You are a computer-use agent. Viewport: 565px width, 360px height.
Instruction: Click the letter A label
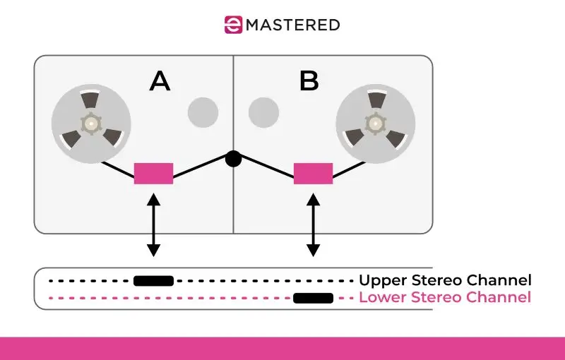point(160,82)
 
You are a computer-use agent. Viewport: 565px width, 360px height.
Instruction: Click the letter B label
point(309,82)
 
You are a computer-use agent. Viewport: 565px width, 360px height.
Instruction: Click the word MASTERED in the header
point(292,25)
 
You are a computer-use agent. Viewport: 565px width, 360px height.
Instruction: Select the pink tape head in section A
point(153,173)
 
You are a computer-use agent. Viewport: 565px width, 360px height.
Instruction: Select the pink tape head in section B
point(313,173)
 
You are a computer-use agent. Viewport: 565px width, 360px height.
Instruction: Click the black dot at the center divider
point(233,159)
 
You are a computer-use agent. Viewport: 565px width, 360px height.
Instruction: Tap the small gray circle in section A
point(203,112)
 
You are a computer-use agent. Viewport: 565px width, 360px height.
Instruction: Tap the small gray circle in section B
point(263,112)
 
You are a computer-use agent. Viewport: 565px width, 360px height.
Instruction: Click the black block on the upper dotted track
point(153,281)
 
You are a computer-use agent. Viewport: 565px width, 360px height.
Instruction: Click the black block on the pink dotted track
point(313,298)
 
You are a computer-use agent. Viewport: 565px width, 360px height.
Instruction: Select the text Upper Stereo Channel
point(445,280)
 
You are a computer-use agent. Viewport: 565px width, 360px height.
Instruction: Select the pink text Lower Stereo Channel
point(445,297)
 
